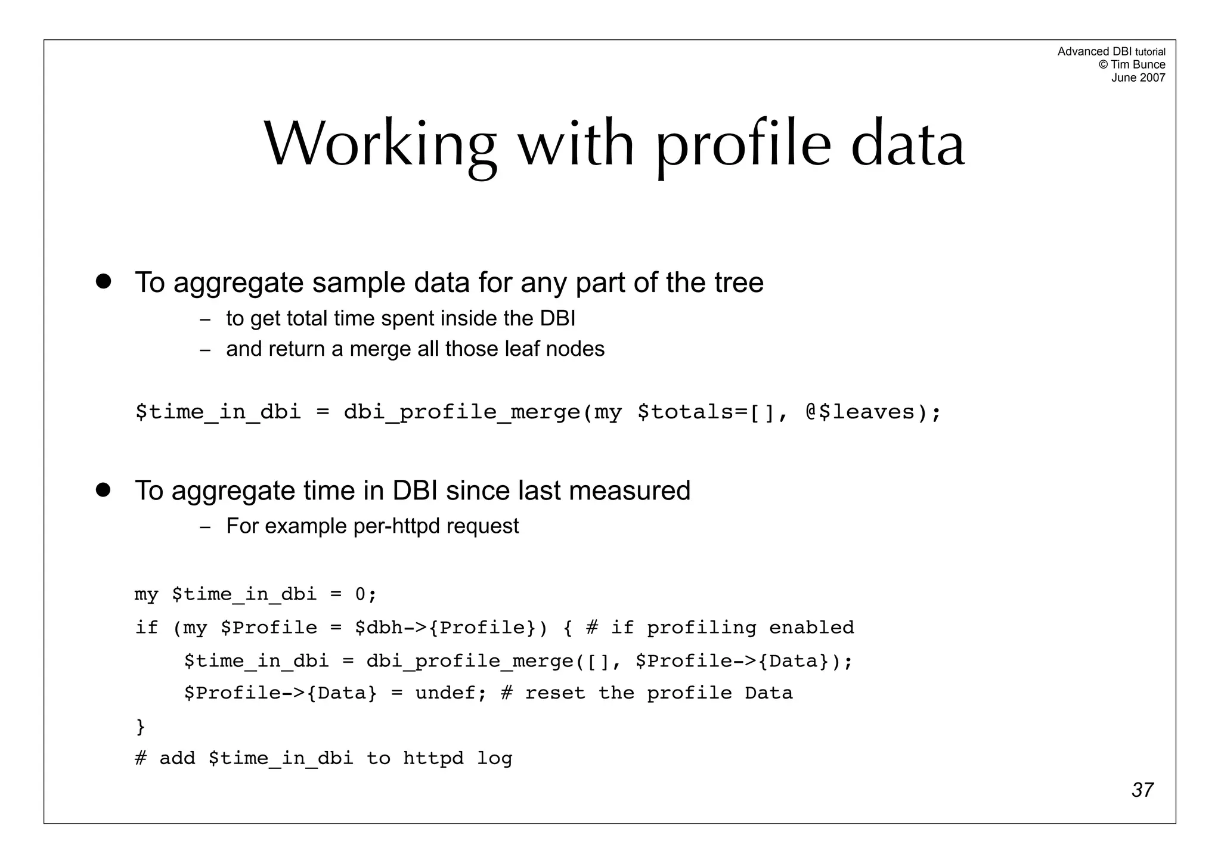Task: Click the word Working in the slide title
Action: (x=380, y=145)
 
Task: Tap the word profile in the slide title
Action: (x=743, y=145)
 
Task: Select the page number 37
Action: (x=1142, y=790)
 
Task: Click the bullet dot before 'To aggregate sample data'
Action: (x=104, y=281)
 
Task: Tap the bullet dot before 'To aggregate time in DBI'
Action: (x=104, y=490)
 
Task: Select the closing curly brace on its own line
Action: (x=141, y=726)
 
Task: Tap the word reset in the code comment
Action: (x=555, y=693)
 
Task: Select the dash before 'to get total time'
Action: (x=205, y=319)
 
